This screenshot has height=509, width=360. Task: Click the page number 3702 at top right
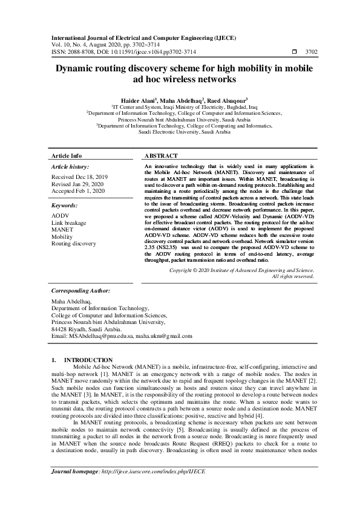click(312, 53)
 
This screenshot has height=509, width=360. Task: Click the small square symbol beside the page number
click(295, 53)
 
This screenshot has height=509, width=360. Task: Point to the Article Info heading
click(67, 155)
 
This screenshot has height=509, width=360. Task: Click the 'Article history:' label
click(70, 166)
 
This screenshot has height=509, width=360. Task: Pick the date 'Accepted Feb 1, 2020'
click(78, 191)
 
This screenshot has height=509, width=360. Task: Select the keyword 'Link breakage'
click(69, 223)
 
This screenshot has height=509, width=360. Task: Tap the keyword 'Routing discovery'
click(74, 244)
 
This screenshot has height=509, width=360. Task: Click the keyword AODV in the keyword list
click(60, 216)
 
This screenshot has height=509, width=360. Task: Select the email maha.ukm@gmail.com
click(163, 336)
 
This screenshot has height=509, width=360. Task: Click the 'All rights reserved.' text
click(293, 276)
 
